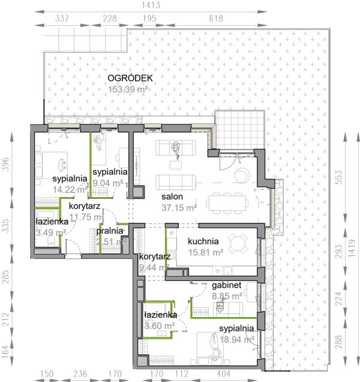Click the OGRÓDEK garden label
tap(130, 78)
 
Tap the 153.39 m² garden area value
tap(128, 89)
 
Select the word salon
tap(172, 196)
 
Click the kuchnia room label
tap(203, 241)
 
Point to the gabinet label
tap(227, 285)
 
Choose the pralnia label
tap(110, 231)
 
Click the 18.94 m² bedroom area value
tap(237, 339)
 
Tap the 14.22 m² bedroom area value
tap(70, 189)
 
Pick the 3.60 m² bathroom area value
tap(160, 326)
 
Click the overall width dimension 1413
tap(151, 5)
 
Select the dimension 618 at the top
tap(216, 19)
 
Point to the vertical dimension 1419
tap(352, 248)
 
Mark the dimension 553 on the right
tap(338, 177)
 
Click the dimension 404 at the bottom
tap(223, 374)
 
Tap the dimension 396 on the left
tap(6, 164)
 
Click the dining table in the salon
tap(227, 203)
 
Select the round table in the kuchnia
tap(238, 243)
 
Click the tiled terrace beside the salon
tap(240, 130)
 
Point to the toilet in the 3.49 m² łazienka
tap(52, 241)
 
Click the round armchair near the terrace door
tap(242, 175)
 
